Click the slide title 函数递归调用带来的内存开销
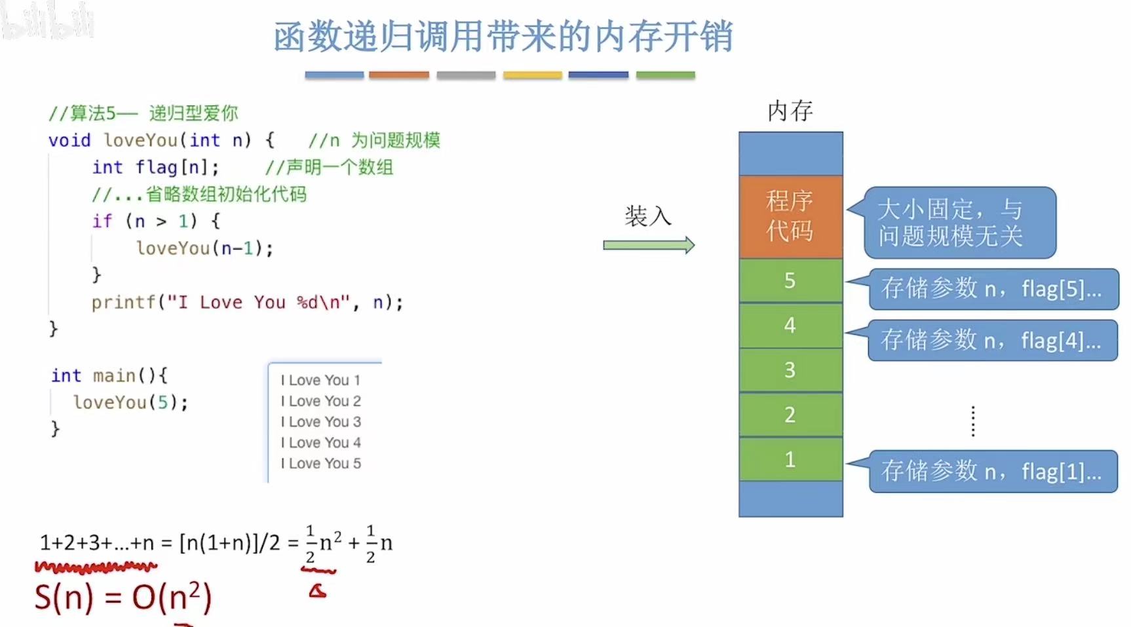(x=503, y=37)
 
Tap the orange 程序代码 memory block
(x=790, y=217)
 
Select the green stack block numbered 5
(x=790, y=280)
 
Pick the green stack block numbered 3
(x=790, y=370)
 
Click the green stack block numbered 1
(x=790, y=459)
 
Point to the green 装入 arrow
(x=648, y=245)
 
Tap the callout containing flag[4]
(x=992, y=340)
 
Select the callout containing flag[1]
(x=992, y=471)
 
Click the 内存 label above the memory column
(x=790, y=111)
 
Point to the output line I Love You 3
(x=321, y=422)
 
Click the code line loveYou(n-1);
(x=204, y=248)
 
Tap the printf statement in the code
(x=247, y=302)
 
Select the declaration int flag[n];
(x=156, y=168)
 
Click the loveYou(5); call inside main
(x=130, y=402)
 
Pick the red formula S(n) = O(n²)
(x=123, y=598)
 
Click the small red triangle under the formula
(x=318, y=592)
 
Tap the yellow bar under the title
(x=532, y=75)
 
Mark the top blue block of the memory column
(x=790, y=153)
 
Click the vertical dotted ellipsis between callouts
(x=973, y=421)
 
